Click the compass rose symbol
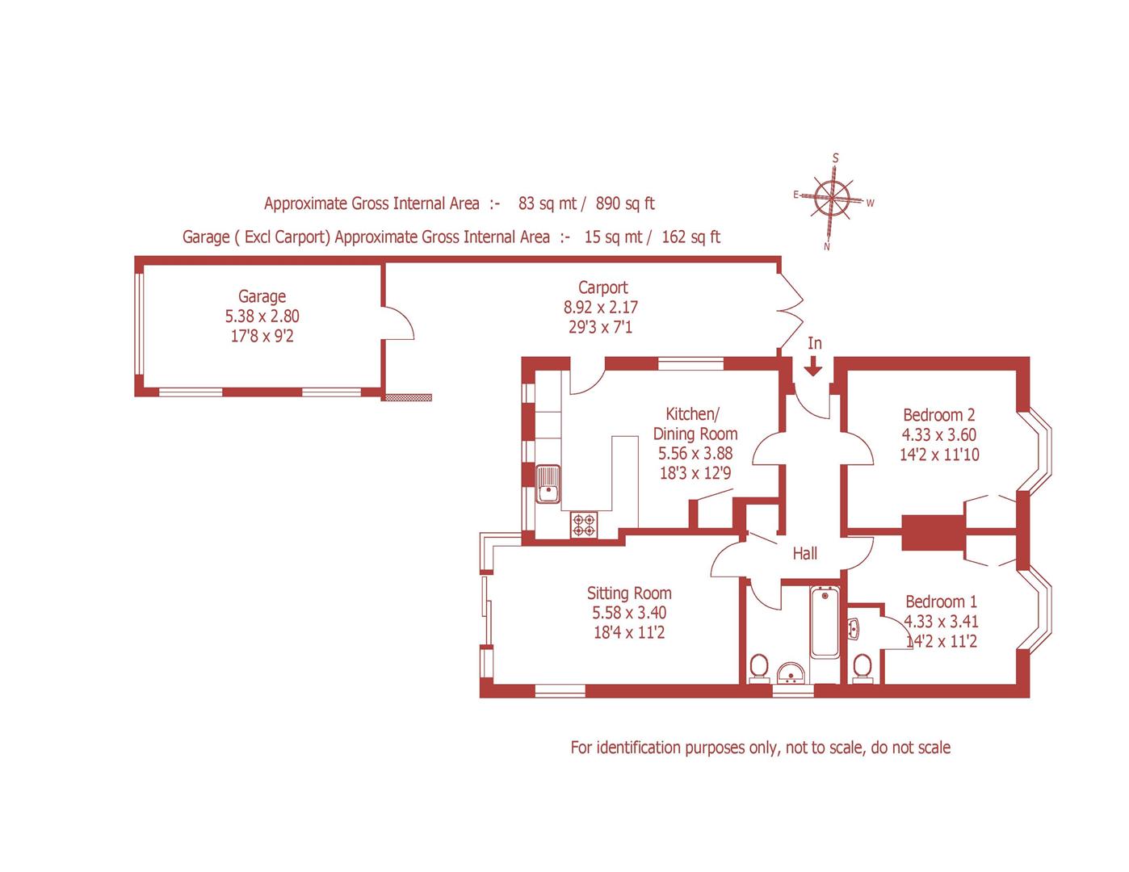[832, 198]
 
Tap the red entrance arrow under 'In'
[813, 367]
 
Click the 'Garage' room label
[262, 296]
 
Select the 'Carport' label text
[602, 287]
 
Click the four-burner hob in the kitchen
[584, 525]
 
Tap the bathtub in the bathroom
[825, 622]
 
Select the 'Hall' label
[804, 553]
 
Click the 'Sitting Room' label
[629, 593]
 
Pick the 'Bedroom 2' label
[938, 415]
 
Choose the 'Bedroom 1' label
[941, 602]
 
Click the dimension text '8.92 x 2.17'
[602, 308]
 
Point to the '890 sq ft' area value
[624, 203]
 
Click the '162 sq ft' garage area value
[690, 237]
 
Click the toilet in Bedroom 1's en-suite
[862, 668]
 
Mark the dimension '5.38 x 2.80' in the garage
[262, 317]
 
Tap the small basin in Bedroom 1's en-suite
[854, 627]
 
